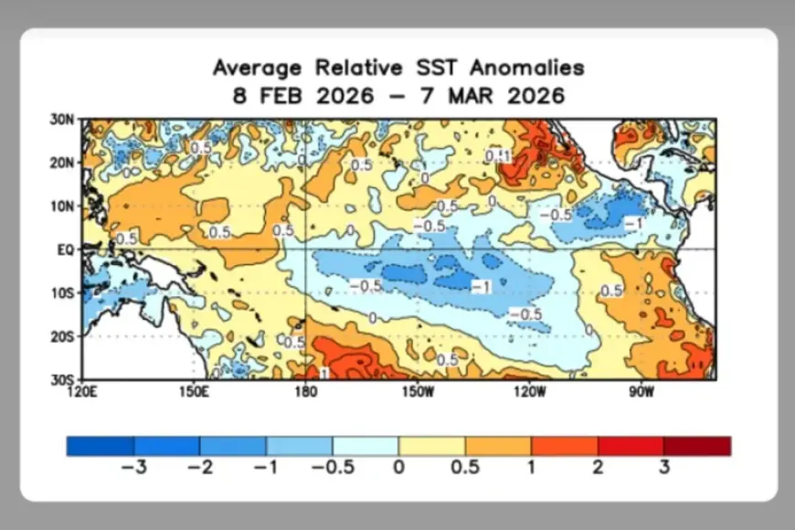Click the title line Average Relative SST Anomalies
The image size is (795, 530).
coord(397,68)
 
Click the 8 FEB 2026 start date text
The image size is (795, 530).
coord(302,95)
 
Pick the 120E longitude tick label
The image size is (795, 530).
coord(82,393)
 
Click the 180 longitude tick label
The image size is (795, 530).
coord(304,393)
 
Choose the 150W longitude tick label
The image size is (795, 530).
coord(417,393)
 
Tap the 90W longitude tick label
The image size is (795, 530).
coord(641,393)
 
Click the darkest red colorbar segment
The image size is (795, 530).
coord(697,445)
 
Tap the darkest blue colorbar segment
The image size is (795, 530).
coord(100,445)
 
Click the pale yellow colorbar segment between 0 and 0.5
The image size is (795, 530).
coord(431,445)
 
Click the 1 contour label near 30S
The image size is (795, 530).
coord(323,374)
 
